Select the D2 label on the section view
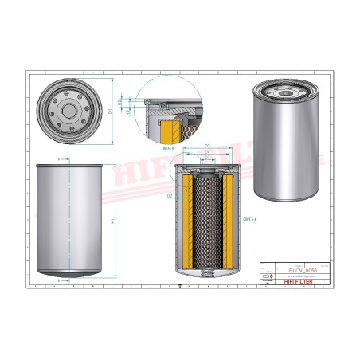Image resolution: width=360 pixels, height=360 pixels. point(170,194)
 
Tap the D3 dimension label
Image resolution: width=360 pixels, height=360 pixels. point(206,146)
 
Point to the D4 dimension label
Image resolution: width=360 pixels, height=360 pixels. point(206,152)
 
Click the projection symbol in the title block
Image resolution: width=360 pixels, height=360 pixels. point(267,280)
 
